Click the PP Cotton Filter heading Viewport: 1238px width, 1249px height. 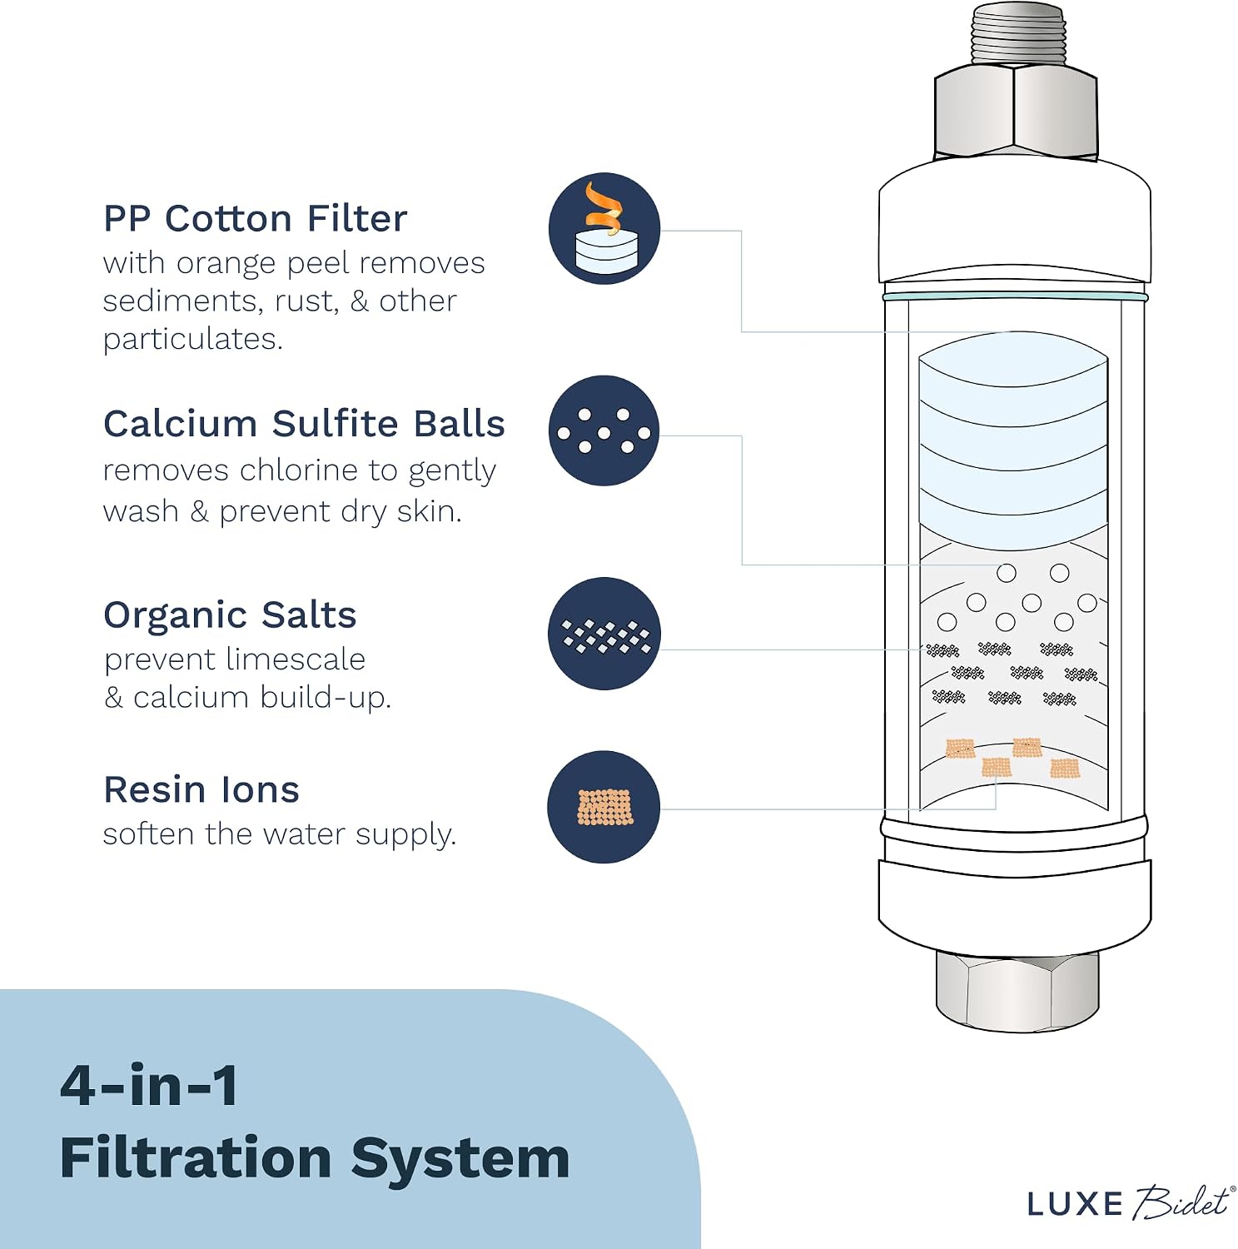pos(255,219)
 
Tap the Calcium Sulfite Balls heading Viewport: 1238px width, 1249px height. pos(304,424)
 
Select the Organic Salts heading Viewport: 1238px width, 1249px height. pos(230,615)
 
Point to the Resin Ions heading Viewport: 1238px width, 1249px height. pos(201,789)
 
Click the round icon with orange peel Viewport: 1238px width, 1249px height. pos(604,228)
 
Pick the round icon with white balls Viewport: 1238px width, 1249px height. pos(604,430)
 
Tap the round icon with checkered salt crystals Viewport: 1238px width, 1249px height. pos(604,634)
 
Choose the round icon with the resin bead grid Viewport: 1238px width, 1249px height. pos(604,807)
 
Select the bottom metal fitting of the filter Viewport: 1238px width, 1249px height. pos(1017,991)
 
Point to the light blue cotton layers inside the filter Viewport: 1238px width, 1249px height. pos(1013,441)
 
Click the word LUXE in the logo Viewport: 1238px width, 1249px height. pos(1075,1204)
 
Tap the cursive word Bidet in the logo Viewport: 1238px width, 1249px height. pos(1181,1202)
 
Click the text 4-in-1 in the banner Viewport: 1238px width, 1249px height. pos(150,1086)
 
